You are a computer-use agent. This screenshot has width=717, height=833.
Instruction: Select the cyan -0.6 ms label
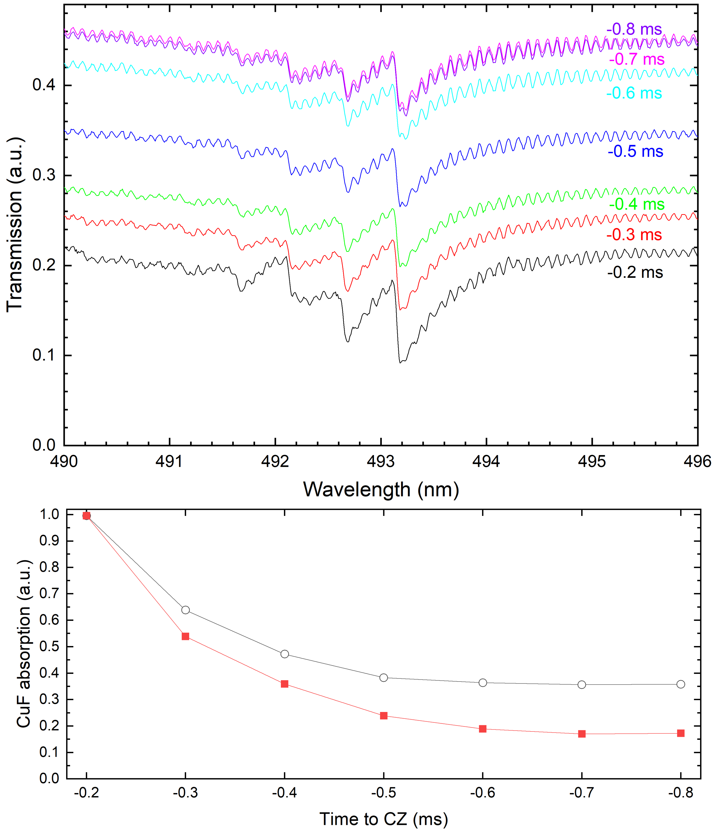[634, 93]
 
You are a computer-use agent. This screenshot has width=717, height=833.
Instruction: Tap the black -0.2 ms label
[635, 272]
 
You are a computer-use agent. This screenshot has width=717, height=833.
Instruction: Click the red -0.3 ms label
[634, 235]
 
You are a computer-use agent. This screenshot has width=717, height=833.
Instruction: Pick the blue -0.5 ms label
[635, 151]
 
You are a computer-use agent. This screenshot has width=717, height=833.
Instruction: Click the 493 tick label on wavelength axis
[380, 462]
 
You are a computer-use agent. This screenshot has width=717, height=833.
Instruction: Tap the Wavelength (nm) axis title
[381, 490]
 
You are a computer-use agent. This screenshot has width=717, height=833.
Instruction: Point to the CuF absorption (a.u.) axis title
[24, 643]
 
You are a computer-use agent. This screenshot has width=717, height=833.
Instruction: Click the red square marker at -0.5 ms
[384, 716]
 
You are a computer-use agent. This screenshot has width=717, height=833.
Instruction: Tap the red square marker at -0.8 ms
[681, 733]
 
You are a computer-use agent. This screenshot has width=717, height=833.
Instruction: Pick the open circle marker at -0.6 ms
[483, 683]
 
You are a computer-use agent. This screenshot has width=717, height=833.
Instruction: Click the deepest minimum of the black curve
[400, 362]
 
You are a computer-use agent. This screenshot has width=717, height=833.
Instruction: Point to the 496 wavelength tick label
[697, 462]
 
